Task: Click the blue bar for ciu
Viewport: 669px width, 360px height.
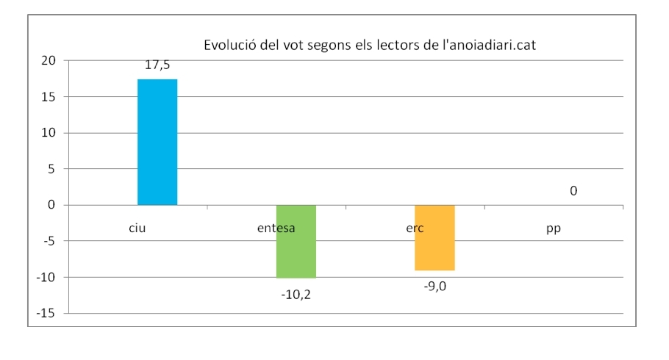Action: [x=157, y=142]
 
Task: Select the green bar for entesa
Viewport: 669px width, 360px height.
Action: [x=296, y=242]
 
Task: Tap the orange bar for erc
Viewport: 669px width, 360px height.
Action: [x=434, y=237]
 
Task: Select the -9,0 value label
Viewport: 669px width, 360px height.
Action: [x=434, y=286]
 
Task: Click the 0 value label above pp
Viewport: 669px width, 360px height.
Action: [x=573, y=191]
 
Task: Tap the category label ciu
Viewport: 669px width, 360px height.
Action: [x=137, y=228]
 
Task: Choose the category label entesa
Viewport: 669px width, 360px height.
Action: [x=276, y=228]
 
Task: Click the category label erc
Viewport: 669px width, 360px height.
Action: [x=415, y=228]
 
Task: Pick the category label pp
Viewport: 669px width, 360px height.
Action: [x=554, y=228]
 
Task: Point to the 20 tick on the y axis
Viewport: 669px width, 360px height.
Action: [x=49, y=60]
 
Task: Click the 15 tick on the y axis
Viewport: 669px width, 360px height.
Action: [x=49, y=96]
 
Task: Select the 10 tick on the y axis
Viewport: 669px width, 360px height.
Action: [x=49, y=132]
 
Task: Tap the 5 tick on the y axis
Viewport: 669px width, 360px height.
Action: [x=52, y=168]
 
